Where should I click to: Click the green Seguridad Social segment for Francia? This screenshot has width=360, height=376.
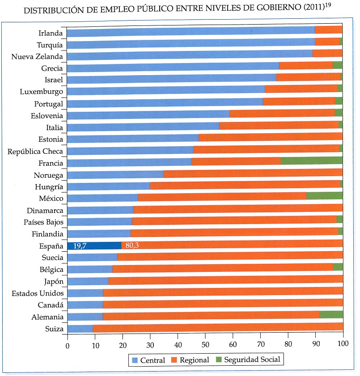[x=311, y=161]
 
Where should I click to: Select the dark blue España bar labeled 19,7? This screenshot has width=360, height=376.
[x=94, y=245]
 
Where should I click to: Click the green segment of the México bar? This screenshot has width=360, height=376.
[x=325, y=195]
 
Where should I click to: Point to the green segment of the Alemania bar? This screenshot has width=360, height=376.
[x=331, y=314]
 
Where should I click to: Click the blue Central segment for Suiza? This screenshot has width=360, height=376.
[x=80, y=329]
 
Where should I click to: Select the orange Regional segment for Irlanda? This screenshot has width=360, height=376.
[x=329, y=30]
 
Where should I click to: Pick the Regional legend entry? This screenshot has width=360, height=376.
[x=191, y=360]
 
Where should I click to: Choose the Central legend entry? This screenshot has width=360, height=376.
[x=148, y=360]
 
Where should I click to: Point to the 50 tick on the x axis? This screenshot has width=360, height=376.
[x=205, y=345]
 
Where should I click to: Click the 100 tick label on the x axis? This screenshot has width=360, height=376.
[x=343, y=345]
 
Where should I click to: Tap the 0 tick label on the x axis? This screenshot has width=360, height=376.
[x=68, y=345]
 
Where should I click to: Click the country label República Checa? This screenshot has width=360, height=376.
[x=35, y=151]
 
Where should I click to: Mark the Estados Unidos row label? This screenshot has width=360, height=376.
[x=38, y=293]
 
